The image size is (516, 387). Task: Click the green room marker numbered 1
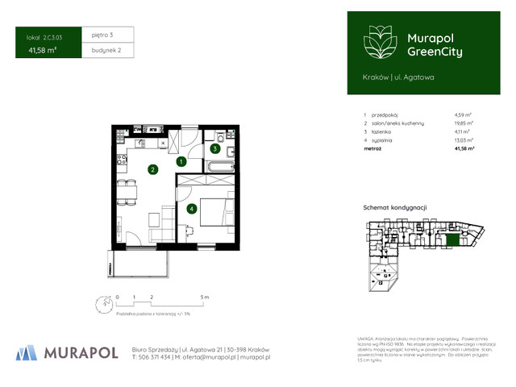pyautogui.click(x=181, y=162)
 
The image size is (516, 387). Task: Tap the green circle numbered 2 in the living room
pyautogui.click(x=152, y=169)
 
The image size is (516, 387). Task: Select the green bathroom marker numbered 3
pyautogui.click(x=215, y=148)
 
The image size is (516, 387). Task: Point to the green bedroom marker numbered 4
pyautogui.click(x=191, y=209)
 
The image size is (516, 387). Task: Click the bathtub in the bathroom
pyautogui.click(x=218, y=167)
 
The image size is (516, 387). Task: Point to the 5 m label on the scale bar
pyautogui.click(x=205, y=298)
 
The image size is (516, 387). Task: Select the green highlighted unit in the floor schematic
pyautogui.click(x=454, y=239)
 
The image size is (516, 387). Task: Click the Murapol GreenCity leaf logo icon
pyautogui.click(x=377, y=42)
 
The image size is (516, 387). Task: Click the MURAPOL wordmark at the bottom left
pyautogui.click(x=81, y=352)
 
